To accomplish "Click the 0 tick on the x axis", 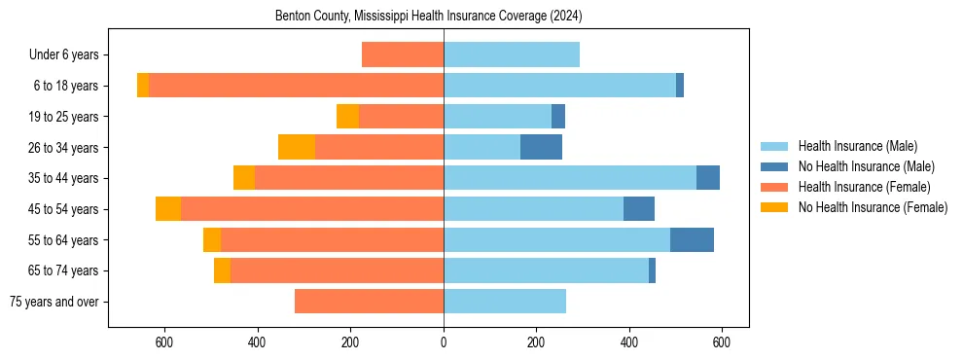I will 444,342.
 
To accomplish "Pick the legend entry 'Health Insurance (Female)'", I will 864,187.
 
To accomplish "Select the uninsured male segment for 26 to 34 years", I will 541,147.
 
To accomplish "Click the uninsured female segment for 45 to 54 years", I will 168,209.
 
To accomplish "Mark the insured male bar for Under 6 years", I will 512,55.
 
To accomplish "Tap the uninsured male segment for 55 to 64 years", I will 692,240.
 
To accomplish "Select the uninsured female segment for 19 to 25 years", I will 347,117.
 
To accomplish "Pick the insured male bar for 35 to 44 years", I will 570,178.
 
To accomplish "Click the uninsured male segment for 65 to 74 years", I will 652,270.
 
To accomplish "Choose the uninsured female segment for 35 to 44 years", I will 244,178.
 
